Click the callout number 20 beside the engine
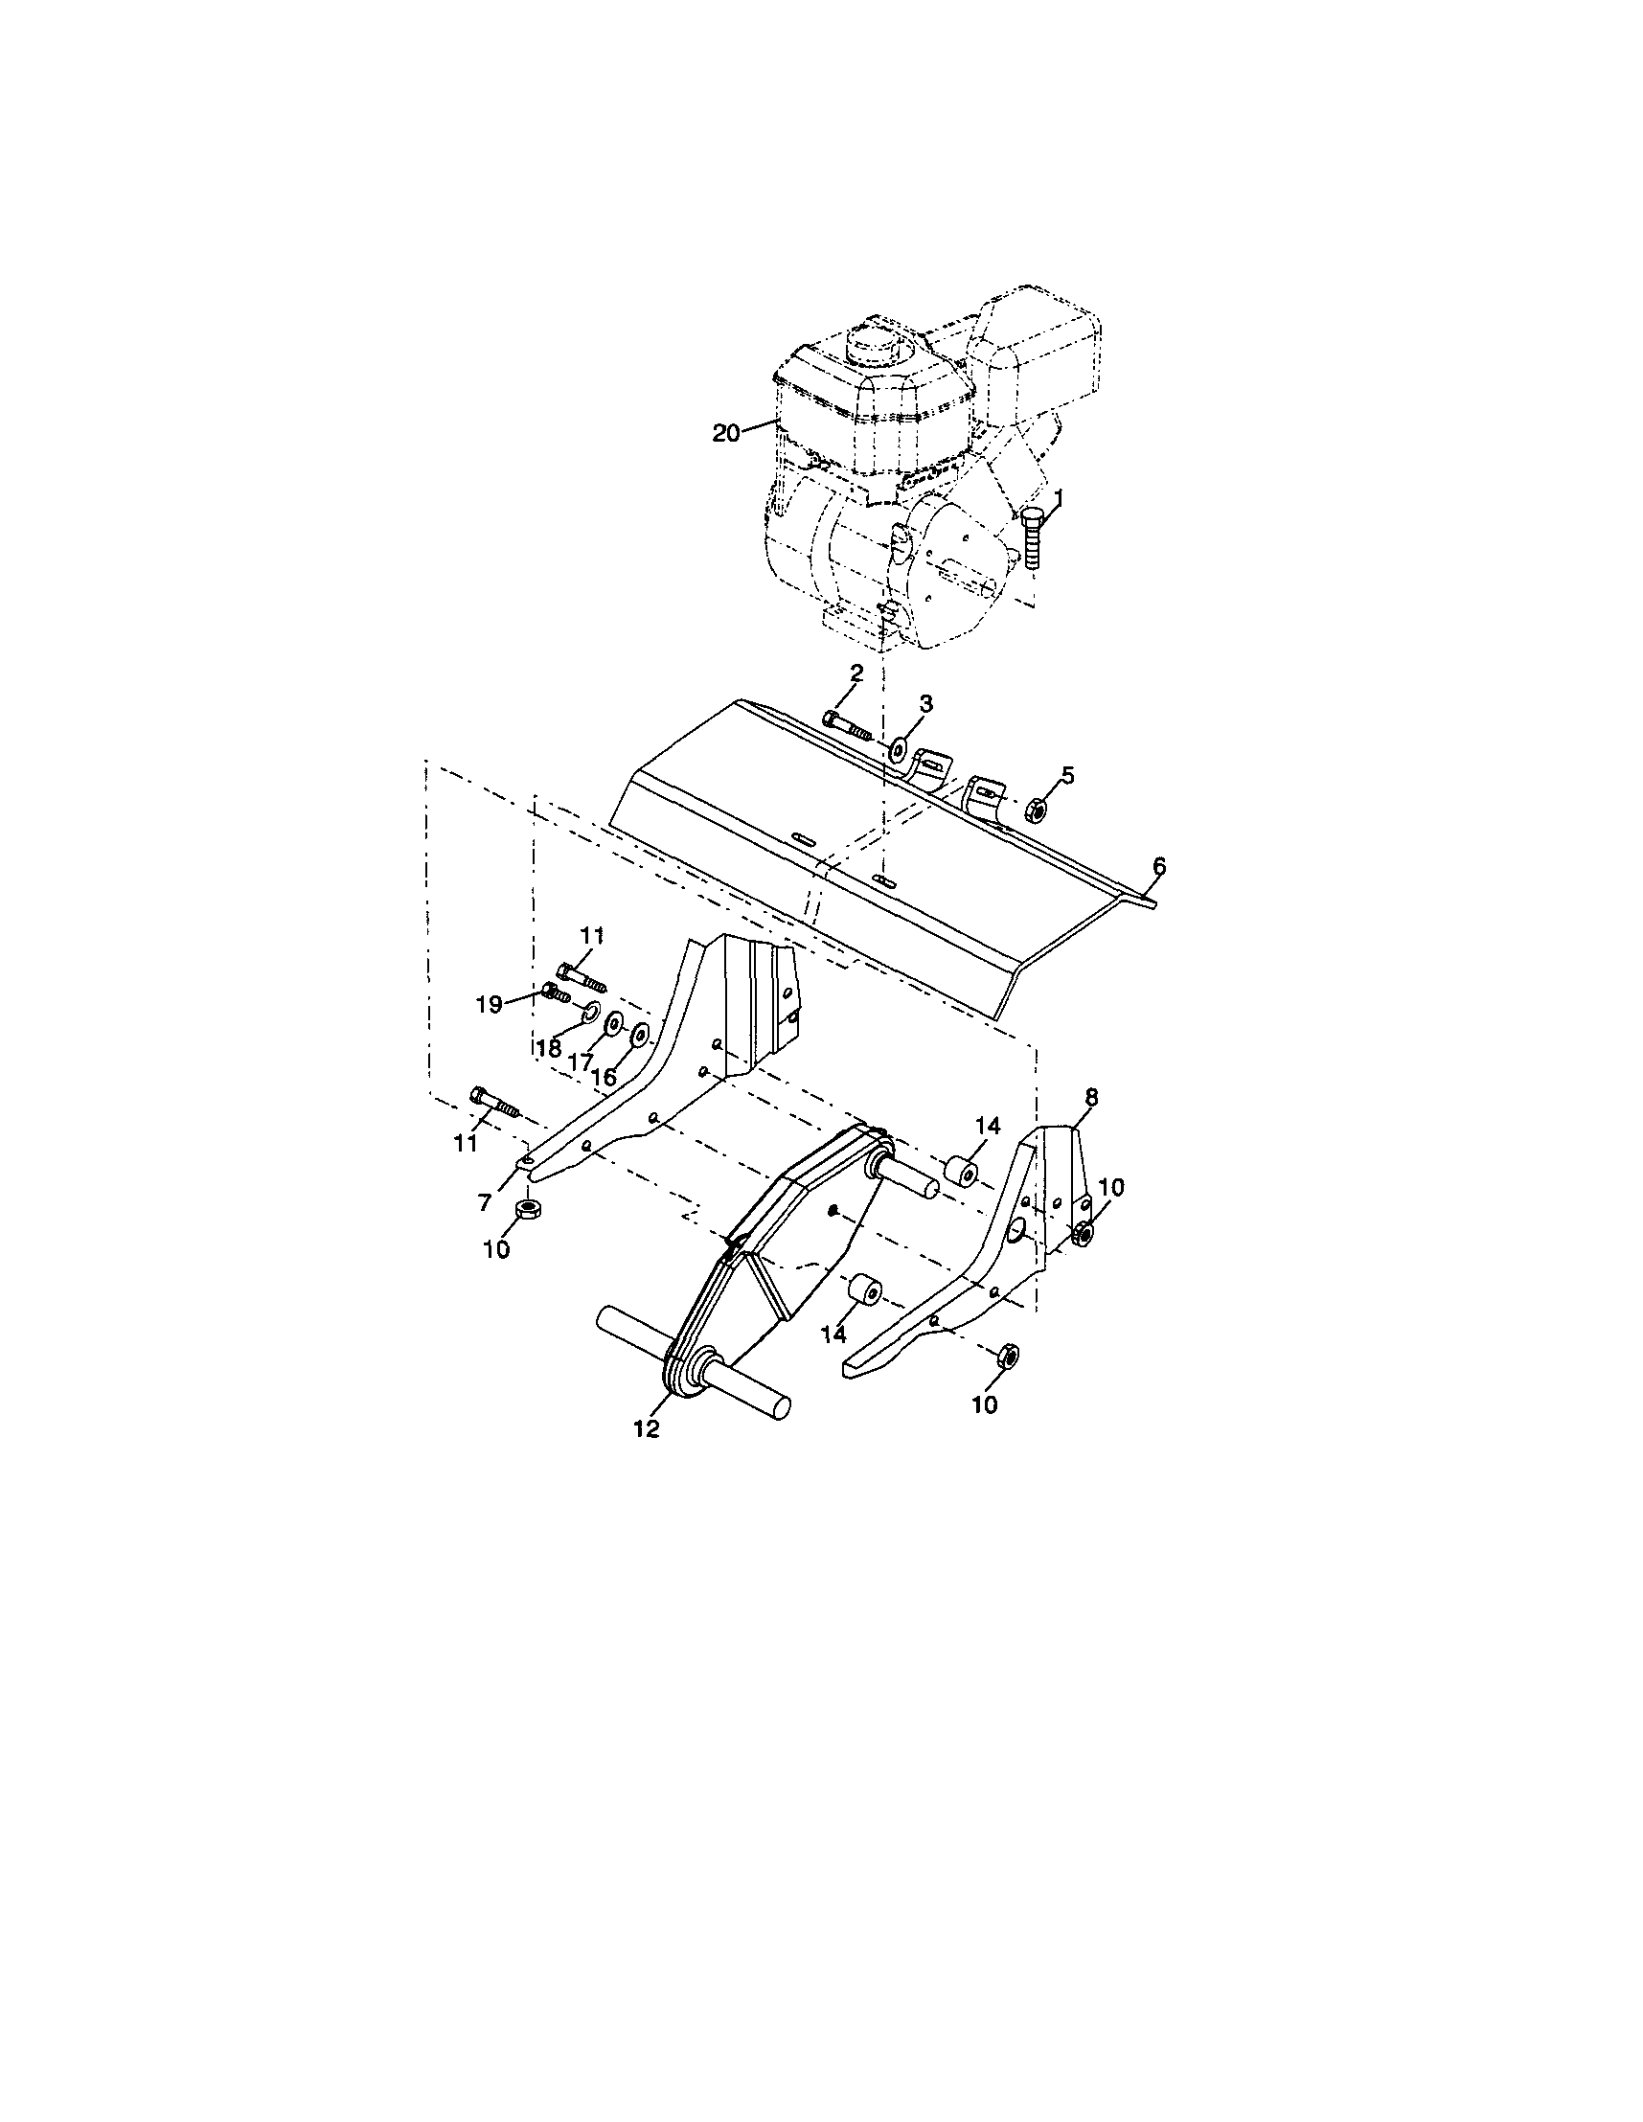coord(725,433)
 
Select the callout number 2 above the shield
coord(856,672)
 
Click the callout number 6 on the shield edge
coord(1158,866)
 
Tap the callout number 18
coord(549,1049)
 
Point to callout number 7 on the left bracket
coord(486,1203)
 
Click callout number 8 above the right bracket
coord(1092,1096)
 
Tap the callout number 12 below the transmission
coord(646,1428)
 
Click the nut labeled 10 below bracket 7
coord(528,1210)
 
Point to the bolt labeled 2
coord(845,723)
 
